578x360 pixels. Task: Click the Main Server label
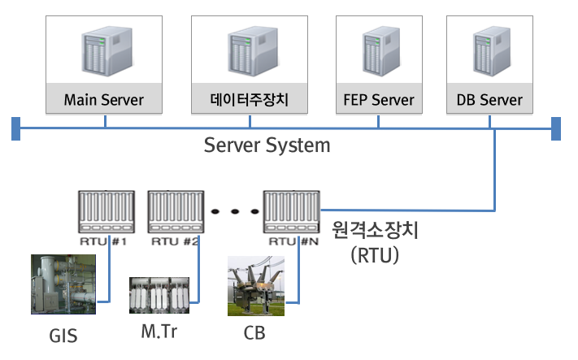click(104, 101)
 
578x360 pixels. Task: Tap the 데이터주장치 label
click(250, 101)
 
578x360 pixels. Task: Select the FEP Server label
click(378, 101)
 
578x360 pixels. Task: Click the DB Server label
click(489, 101)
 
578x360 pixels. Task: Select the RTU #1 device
click(105, 213)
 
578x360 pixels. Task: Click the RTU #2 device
click(175, 213)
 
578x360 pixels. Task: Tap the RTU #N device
click(290, 213)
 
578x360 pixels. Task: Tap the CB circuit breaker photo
click(254, 287)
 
